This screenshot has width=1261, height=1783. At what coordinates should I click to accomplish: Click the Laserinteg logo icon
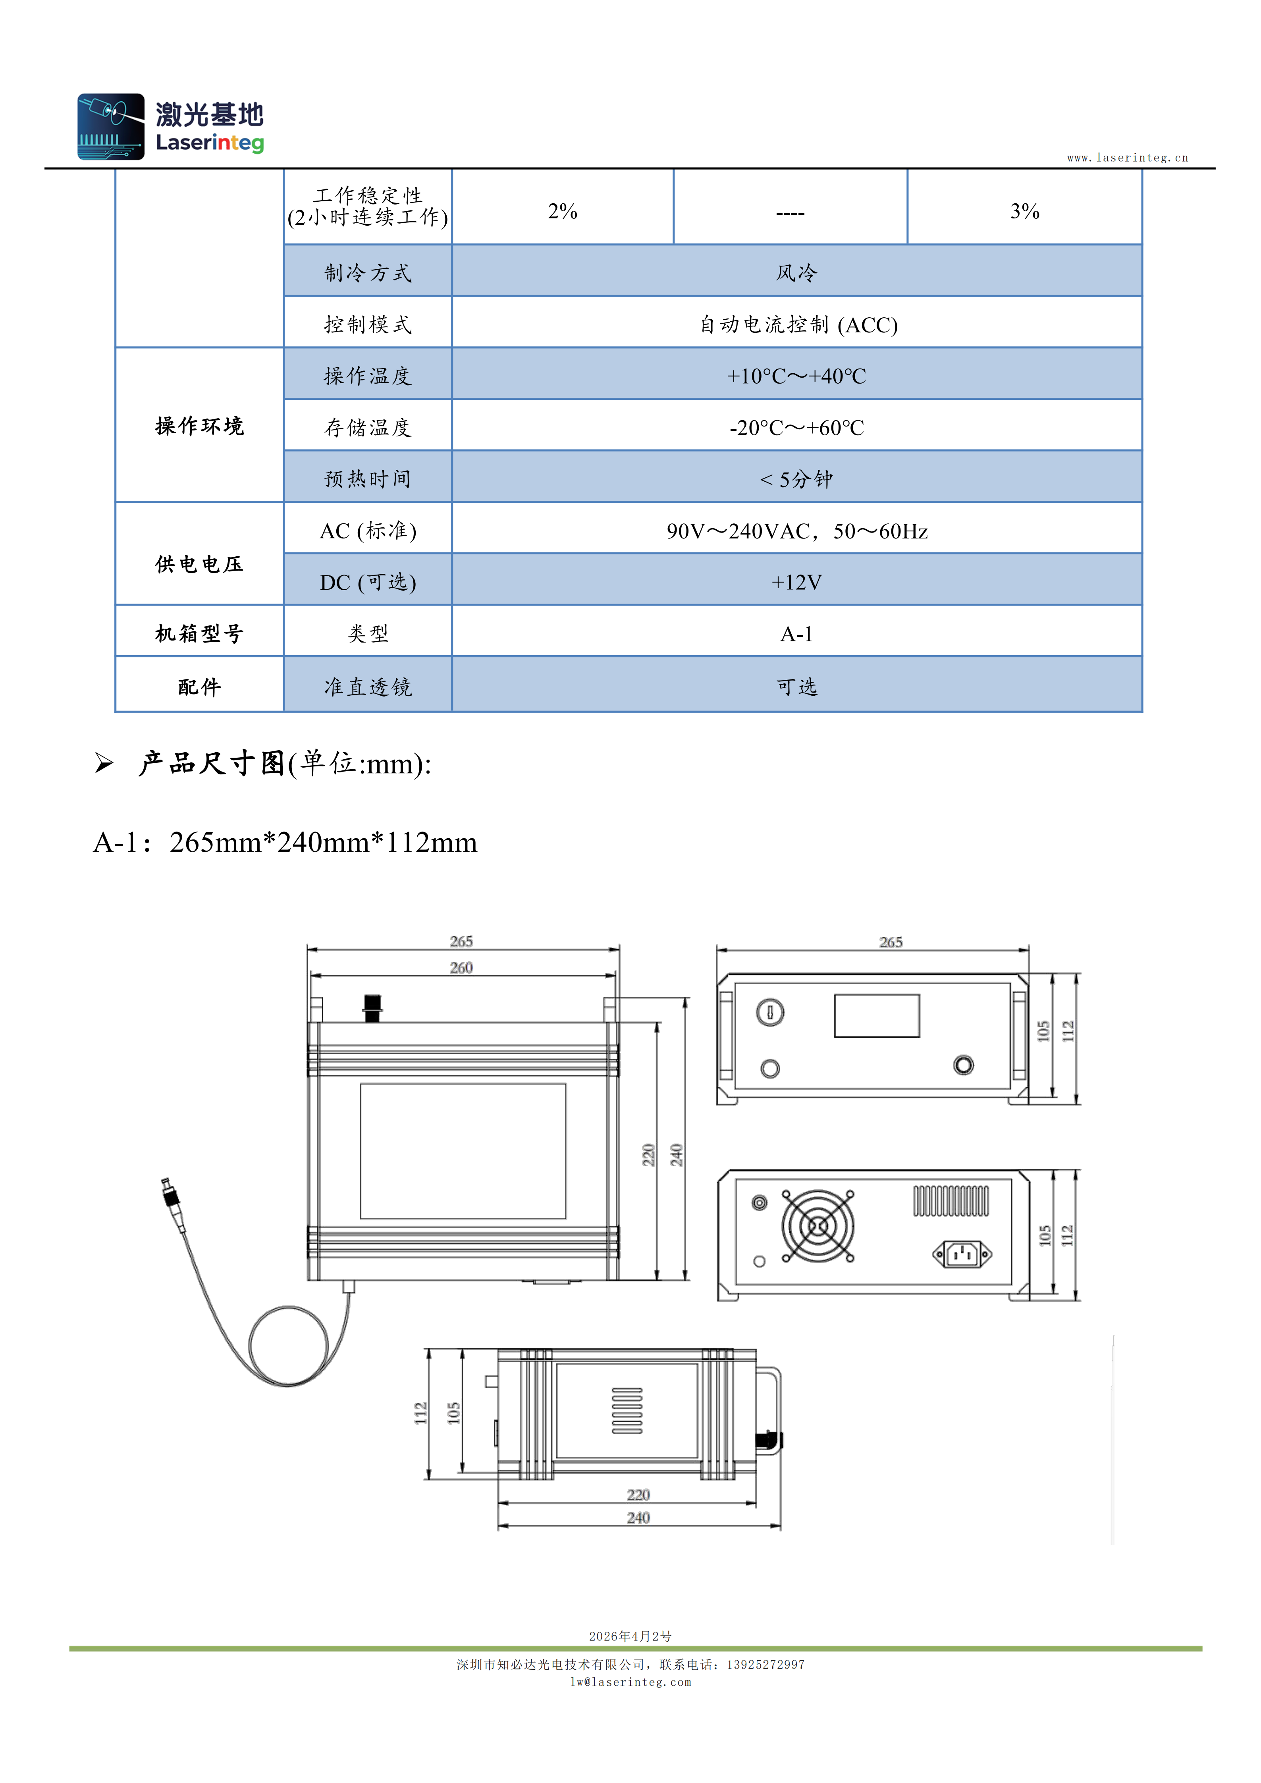pos(111,127)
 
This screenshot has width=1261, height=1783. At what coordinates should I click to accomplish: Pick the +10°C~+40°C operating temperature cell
pos(797,376)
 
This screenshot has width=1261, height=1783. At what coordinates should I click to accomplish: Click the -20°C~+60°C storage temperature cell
pos(797,427)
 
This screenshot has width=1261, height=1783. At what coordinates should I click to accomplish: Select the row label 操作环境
pos(200,426)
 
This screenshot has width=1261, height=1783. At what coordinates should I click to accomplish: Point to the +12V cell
pos(797,582)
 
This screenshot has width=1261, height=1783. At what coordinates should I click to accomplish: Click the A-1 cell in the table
pos(797,634)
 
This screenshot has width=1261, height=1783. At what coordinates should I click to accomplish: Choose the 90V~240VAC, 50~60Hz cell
pos(797,531)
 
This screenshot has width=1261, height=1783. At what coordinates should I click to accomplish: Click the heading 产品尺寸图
pos(211,763)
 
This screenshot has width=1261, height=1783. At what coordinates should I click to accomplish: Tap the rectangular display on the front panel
pos(877,1016)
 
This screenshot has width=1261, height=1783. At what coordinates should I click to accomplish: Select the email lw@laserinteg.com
pos(630,1682)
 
